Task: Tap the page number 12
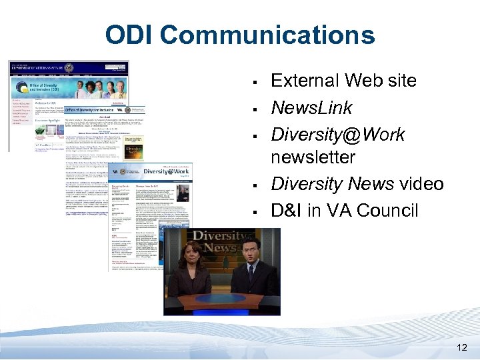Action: tap(463, 347)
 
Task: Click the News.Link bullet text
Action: tap(311, 108)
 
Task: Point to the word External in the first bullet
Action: tap(306, 81)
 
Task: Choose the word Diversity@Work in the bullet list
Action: tap(337, 135)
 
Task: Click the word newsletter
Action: tap(313, 158)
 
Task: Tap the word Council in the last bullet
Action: tap(387, 211)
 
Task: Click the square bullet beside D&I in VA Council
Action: tap(255, 213)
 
